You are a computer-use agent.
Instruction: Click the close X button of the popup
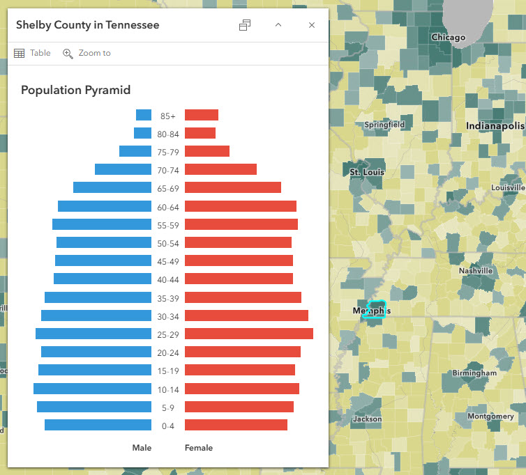312,25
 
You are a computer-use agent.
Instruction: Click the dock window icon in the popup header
245,25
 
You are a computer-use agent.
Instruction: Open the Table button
32,53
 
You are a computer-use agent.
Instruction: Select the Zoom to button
87,53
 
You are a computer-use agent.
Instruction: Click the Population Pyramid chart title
76,90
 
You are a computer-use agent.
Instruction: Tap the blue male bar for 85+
144,115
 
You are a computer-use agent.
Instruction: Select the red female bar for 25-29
248,334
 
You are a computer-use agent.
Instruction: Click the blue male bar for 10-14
92,388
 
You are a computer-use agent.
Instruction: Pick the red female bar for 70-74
220,169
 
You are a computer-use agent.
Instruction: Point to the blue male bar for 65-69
112,187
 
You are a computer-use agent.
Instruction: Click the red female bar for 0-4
236,424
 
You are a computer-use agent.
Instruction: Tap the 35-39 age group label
168,297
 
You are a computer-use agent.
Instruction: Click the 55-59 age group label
168,225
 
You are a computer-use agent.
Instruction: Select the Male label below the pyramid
142,448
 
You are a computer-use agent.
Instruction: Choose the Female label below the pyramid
199,448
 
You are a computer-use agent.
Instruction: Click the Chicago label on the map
448,37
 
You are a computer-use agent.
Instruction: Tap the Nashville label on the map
476,270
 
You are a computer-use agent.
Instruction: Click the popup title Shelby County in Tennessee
88,25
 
